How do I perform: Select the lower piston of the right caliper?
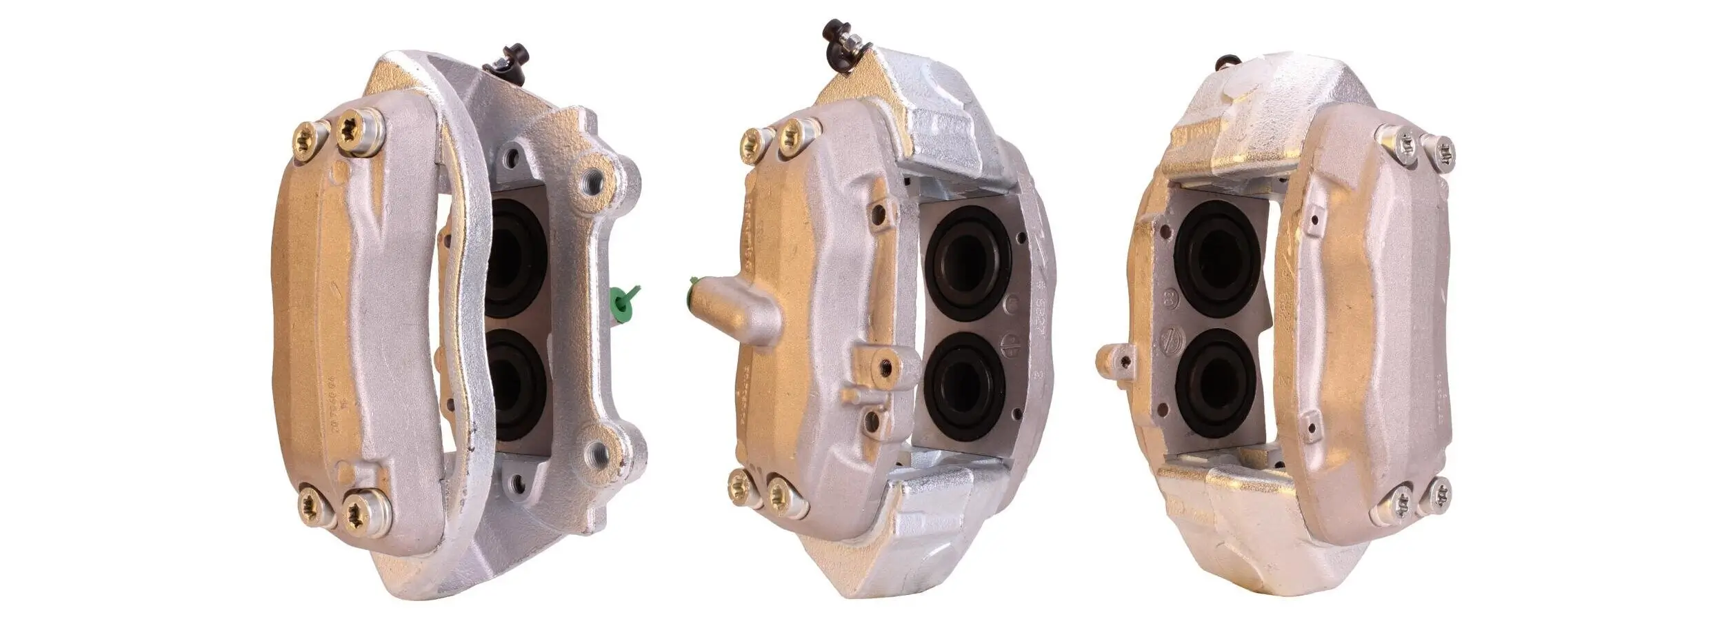(1216, 378)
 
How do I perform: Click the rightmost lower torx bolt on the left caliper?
(363, 511)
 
